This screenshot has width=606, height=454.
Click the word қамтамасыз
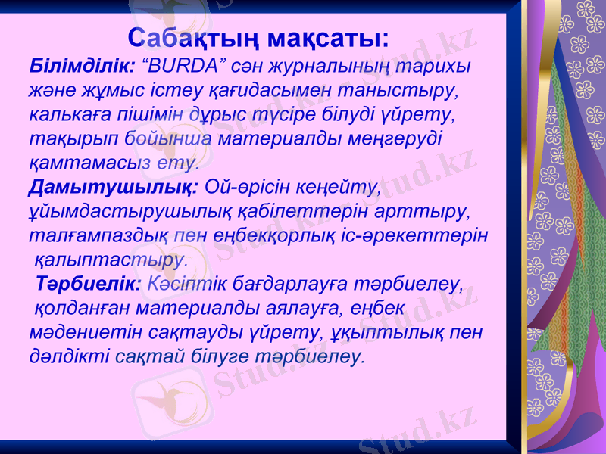tap(83, 163)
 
